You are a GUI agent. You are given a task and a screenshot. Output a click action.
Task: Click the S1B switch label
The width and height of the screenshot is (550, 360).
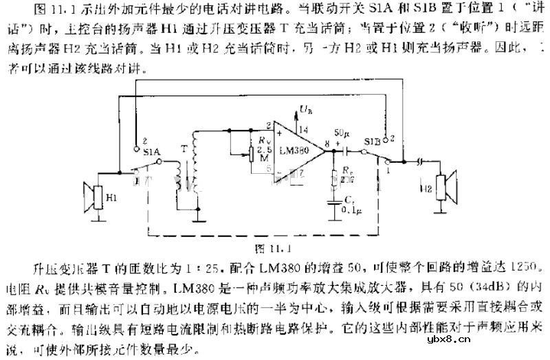(x=373, y=142)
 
